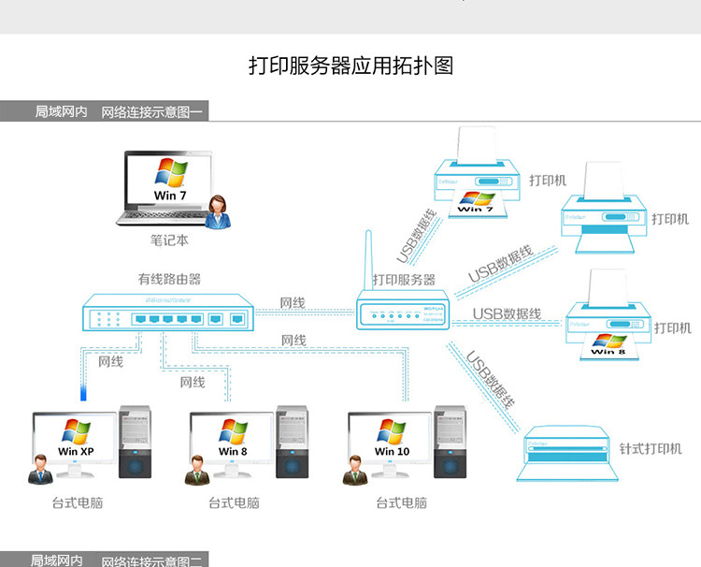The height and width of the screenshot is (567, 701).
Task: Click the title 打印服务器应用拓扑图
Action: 350,66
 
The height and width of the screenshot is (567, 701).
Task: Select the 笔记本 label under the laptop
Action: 169,240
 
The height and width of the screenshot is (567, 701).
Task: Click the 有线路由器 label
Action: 169,279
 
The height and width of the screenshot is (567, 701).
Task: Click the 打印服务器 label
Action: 404,280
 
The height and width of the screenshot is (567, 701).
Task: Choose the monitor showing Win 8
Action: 233,439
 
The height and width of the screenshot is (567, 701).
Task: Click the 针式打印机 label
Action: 651,449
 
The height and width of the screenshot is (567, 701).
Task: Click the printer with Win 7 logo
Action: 477,182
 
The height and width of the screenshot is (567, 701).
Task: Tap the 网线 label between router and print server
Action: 293,303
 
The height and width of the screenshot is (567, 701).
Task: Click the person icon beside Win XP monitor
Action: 39,468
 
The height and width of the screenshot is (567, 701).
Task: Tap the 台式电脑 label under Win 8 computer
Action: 234,503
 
